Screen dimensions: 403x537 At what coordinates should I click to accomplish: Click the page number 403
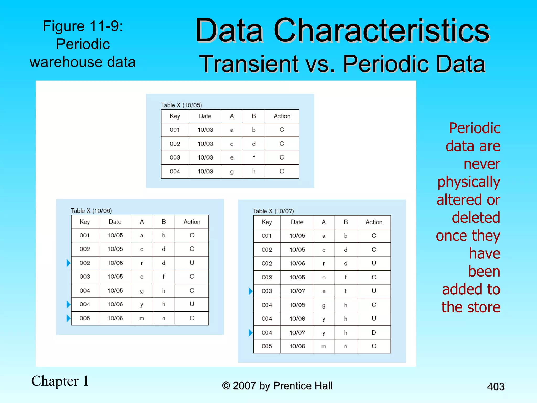(x=496, y=386)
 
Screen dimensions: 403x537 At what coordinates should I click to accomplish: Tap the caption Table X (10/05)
(x=181, y=105)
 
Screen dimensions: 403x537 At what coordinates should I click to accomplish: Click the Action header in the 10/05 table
(x=282, y=116)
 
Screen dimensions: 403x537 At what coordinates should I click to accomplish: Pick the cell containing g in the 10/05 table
(x=232, y=172)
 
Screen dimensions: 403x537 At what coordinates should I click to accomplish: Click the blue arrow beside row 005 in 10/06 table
(x=68, y=318)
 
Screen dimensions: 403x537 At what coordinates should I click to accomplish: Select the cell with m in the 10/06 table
(x=142, y=318)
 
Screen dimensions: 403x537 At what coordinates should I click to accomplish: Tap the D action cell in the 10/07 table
(x=374, y=333)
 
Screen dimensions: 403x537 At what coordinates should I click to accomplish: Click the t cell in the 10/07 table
(x=346, y=291)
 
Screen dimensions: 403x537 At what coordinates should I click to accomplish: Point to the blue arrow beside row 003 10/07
(x=250, y=291)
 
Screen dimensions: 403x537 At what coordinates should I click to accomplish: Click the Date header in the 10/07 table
(x=297, y=222)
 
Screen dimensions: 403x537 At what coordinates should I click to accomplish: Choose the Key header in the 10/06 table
(x=85, y=222)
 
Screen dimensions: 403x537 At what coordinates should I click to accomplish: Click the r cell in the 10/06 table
(x=142, y=263)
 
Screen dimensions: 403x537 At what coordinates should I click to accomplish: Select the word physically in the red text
(x=469, y=182)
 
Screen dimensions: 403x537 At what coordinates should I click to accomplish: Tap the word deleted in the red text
(x=476, y=218)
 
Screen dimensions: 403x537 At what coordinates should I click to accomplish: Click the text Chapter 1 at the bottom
(x=60, y=381)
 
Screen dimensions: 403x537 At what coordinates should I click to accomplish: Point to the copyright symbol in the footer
(x=226, y=386)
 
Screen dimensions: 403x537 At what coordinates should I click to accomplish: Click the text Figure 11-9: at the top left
(x=83, y=26)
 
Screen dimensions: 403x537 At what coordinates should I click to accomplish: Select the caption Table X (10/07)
(x=273, y=211)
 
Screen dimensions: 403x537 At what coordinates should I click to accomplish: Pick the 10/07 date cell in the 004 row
(x=297, y=333)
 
